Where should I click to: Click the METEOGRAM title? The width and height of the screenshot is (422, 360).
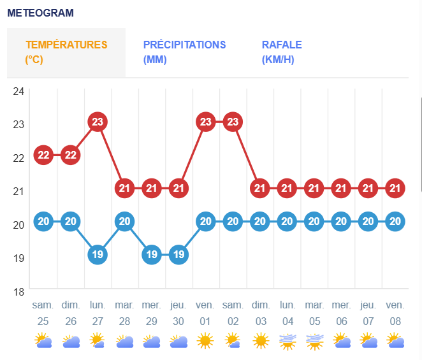point(40,13)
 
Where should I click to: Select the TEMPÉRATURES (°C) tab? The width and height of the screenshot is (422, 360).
point(66,52)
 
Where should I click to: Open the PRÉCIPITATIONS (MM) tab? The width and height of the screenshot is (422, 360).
point(184,52)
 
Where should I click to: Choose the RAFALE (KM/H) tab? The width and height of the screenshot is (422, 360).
point(282,52)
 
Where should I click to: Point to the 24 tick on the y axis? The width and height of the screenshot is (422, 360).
point(18,91)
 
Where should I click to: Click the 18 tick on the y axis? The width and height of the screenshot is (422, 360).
point(18,291)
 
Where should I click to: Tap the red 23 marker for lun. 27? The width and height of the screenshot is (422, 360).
point(98,121)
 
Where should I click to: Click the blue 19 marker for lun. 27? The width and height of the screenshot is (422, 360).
point(98,255)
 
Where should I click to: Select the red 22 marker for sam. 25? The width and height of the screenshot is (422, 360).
point(43,154)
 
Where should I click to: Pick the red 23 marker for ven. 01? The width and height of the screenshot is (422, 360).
point(205,121)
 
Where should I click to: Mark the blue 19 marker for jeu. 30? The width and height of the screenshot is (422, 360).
point(178,255)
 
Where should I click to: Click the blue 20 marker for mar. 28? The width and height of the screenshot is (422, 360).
point(124,222)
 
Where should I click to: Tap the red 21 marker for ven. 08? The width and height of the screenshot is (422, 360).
point(395,188)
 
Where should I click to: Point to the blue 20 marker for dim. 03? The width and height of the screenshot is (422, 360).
point(259,222)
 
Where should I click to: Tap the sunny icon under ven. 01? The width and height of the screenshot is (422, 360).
point(205,341)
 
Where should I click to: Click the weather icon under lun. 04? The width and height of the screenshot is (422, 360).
point(287,342)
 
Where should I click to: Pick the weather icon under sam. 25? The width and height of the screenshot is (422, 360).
point(43,341)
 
